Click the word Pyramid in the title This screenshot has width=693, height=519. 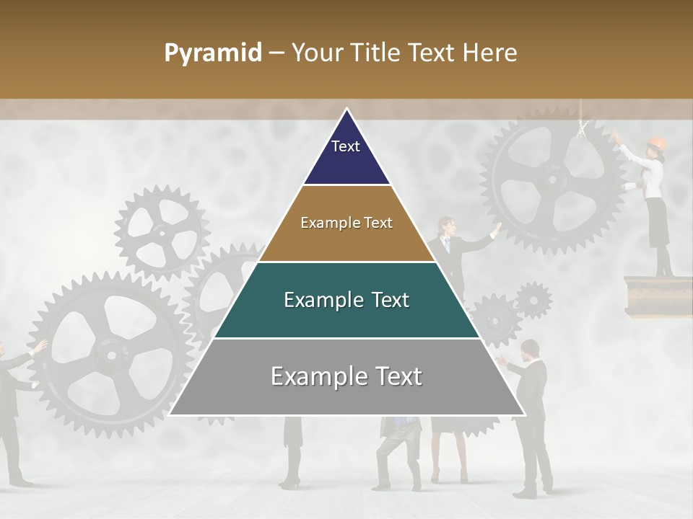tap(213, 53)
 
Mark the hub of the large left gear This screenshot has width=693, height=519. tap(110, 353)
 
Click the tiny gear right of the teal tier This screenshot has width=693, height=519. tap(533, 300)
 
